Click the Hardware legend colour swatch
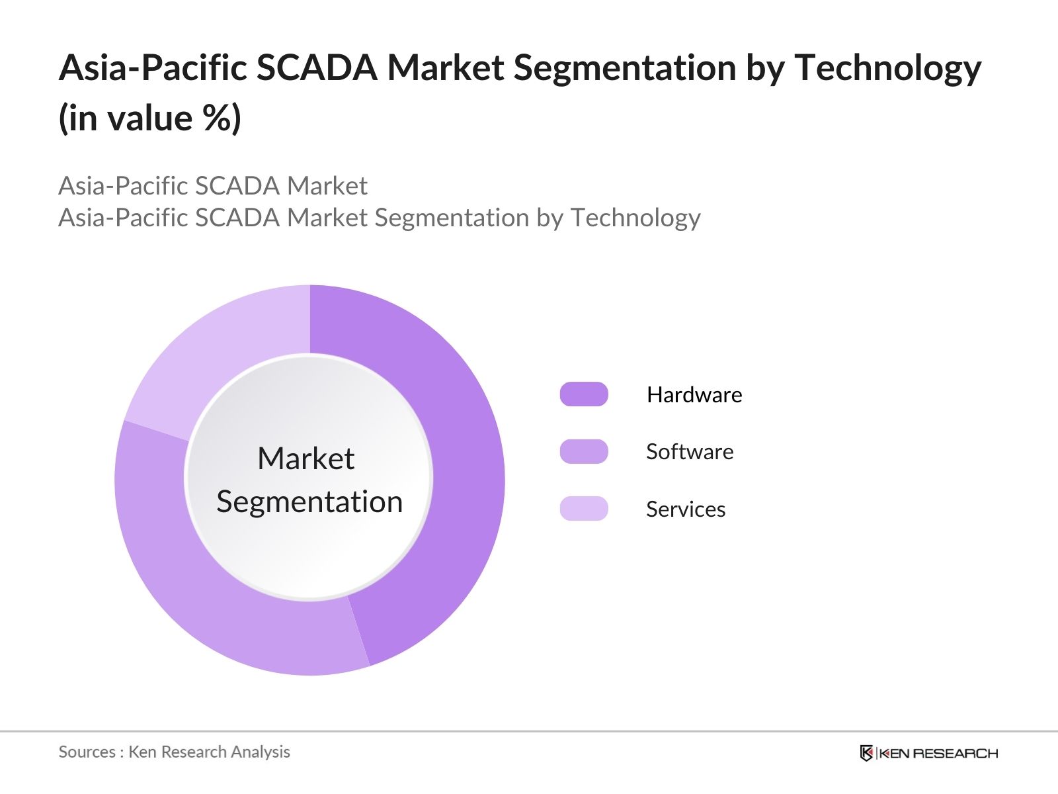(x=584, y=394)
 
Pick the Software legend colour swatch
(x=584, y=451)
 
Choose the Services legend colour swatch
(x=584, y=509)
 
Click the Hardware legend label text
(x=694, y=395)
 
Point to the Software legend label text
(x=690, y=452)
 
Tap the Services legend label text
(x=686, y=509)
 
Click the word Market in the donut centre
(x=306, y=459)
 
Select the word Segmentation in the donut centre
(x=309, y=502)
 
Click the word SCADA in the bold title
(x=316, y=68)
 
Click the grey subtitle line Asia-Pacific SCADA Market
(x=213, y=186)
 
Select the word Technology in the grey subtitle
(x=635, y=218)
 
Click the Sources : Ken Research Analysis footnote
(x=175, y=752)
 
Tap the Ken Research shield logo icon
(x=866, y=753)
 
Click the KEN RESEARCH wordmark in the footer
(x=938, y=753)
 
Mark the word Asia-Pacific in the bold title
(x=153, y=68)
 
